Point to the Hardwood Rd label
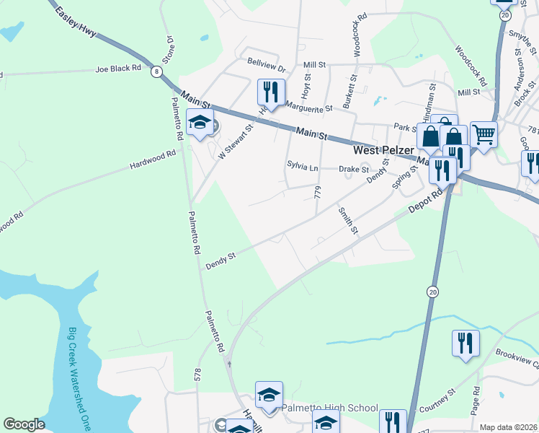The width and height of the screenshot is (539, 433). (153, 159)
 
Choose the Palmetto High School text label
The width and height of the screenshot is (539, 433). (329, 408)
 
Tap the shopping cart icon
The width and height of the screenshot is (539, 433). (484, 134)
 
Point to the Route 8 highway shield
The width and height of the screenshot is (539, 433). (156, 71)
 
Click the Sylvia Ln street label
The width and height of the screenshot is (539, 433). (303, 168)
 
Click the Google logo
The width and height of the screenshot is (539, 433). (24, 424)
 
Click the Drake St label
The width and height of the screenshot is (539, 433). (354, 169)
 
